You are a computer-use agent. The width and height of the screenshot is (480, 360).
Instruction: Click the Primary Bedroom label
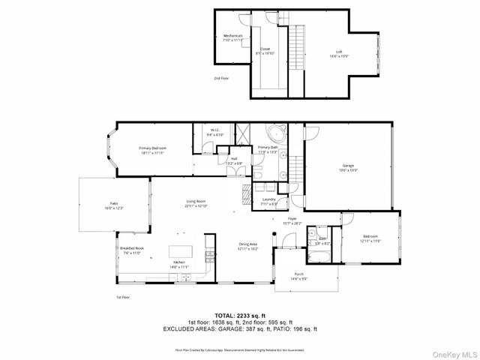152,150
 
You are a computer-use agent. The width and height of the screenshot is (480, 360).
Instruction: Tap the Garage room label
347,166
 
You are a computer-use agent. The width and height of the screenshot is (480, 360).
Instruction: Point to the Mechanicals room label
234,38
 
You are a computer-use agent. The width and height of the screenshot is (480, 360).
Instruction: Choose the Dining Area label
248,246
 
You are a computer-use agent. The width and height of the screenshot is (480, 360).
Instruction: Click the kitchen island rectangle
179,250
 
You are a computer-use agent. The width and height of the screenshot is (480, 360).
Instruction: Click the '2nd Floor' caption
221,78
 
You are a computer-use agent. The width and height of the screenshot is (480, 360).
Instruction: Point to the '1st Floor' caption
123,298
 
